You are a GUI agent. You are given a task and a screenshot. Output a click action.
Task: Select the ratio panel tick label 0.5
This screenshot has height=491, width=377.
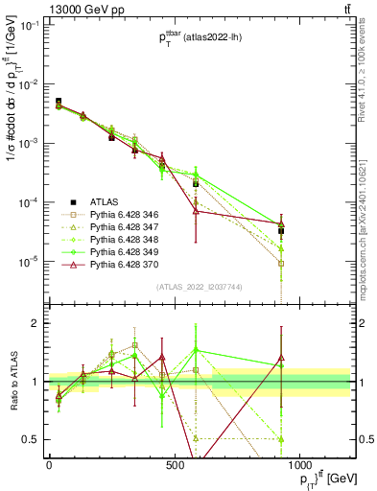pos(33,439)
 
